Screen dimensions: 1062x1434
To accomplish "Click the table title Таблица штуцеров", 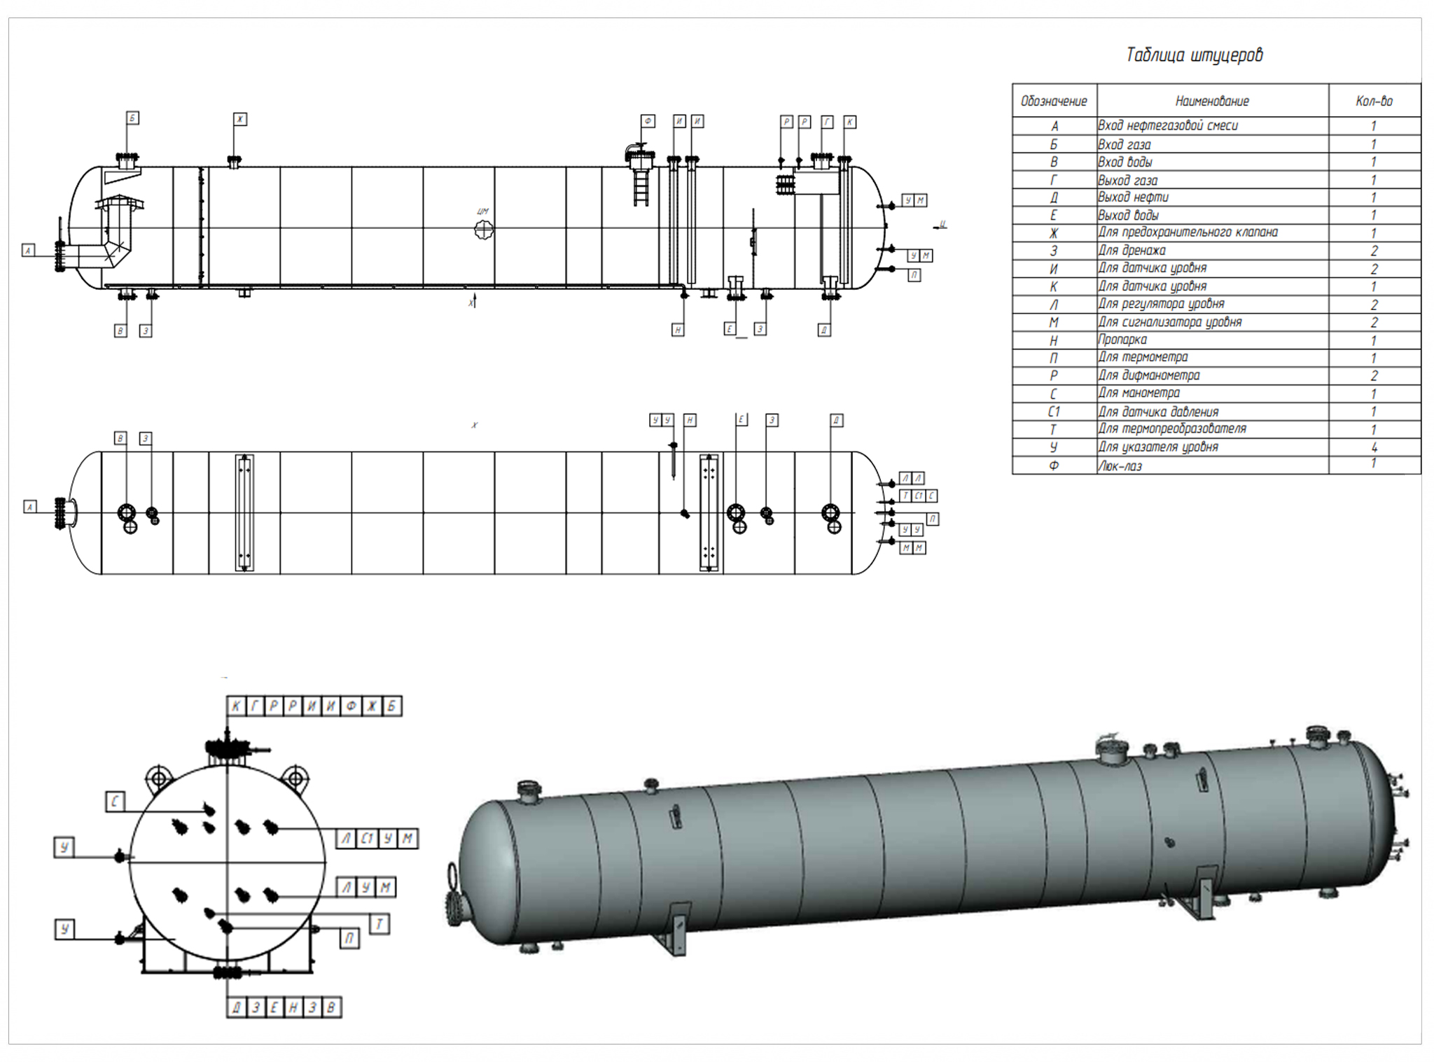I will coord(1194,55).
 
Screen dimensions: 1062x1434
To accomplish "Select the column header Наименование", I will coord(1212,102).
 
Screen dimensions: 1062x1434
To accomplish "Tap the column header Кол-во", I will coord(1374,102).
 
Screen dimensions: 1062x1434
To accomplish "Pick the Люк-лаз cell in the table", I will coord(1120,466).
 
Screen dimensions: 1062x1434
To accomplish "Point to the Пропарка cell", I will coord(1122,340).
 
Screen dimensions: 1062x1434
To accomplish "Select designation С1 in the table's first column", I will coord(1054,412).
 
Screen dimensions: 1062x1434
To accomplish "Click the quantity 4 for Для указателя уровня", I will coord(1374,447).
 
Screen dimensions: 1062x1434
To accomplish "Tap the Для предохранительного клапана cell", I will coord(1188,232).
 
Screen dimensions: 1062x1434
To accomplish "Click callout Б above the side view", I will coord(132,118).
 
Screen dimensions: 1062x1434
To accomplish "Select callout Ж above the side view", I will coord(240,119).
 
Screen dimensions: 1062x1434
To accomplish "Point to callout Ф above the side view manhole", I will coord(648,121).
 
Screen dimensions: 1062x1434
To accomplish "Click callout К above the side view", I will coord(849,122).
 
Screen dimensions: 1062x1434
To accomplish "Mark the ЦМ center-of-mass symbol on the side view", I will coord(483,228).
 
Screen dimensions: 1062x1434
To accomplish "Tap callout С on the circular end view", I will coord(115,802).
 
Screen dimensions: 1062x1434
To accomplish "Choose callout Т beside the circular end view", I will coord(379,924).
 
